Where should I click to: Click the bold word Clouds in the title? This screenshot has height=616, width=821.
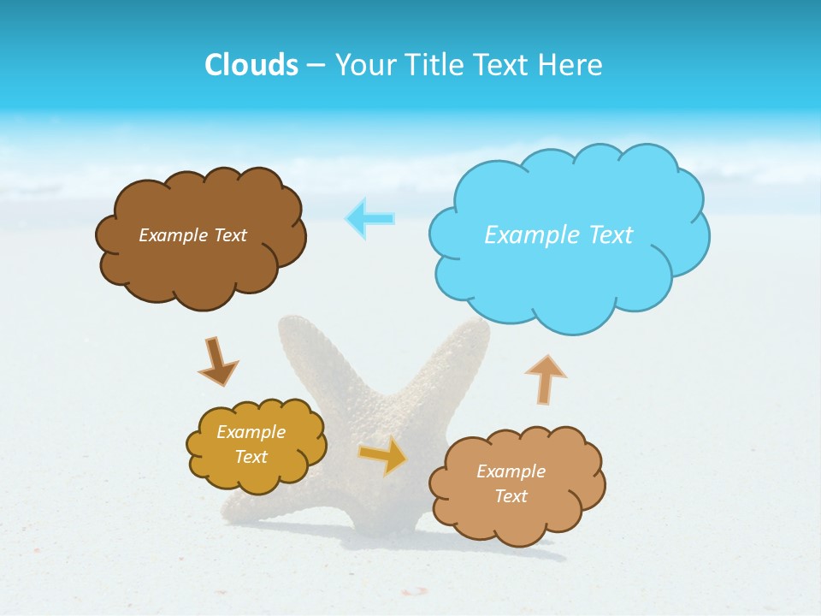tap(251, 65)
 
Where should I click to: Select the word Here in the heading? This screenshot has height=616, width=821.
tap(570, 65)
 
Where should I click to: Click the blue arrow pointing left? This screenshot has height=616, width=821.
tap(371, 218)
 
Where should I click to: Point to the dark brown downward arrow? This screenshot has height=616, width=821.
tap(217, 362)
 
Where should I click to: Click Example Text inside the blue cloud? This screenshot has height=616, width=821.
tap(558, 235)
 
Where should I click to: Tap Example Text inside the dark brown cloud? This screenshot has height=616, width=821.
tap(192, 235)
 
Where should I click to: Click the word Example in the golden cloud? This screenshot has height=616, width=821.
tap(251, 432)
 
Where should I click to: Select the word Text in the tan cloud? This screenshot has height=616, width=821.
tap(511, 496)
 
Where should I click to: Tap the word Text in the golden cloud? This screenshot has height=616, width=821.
tap(251, 457)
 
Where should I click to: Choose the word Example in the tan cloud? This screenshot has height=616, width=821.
tap(511, 471)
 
